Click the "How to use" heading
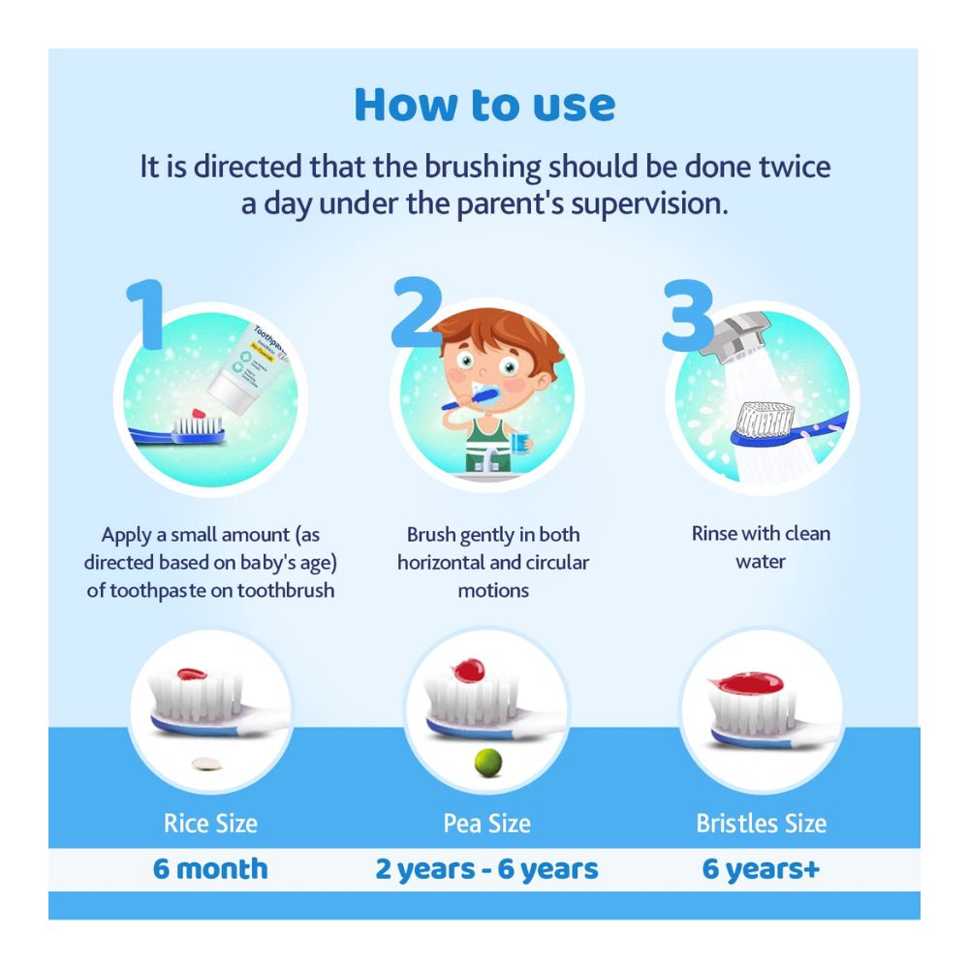click(484, 105)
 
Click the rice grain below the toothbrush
click(203, 763)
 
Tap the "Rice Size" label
click(210, 824)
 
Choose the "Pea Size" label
click(486, 824)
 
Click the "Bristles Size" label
click(761, 824)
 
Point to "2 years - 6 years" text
click(486, 868)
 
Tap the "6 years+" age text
click(761, 868)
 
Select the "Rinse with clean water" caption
click(761, 547)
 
